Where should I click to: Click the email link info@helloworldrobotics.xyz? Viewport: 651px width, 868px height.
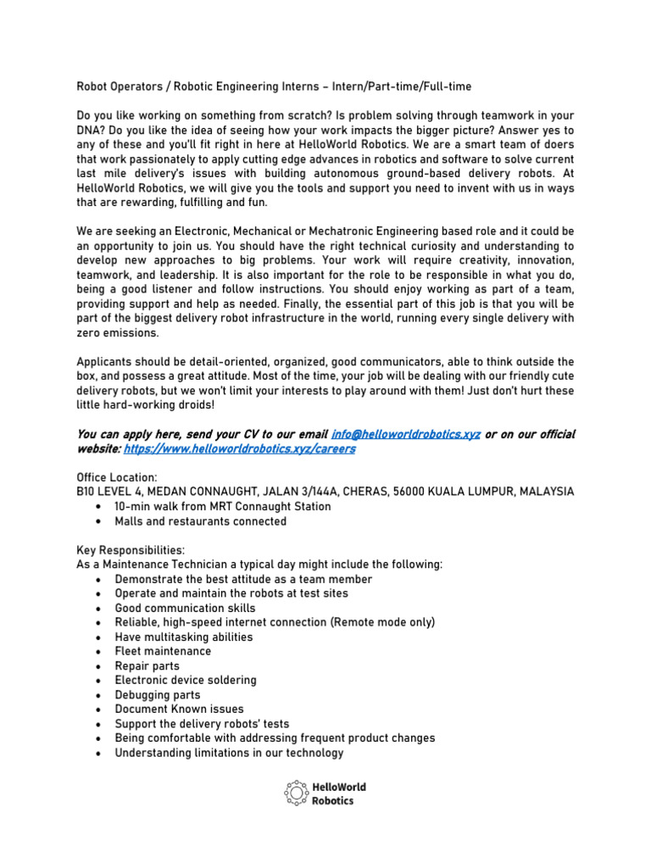point(406,434)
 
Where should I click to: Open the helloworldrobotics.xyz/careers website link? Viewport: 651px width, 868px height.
point(240,448)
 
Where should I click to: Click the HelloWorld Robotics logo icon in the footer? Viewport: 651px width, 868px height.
point(295,793)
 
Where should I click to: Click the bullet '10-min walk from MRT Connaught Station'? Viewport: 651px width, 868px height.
point(223,506)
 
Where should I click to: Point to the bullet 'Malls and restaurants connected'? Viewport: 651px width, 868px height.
point(200,521)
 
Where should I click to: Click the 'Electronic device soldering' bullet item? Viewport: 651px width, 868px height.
point(185,680)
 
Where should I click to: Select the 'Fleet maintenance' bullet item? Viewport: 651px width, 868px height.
point(163,651)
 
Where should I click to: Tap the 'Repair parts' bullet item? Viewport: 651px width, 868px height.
point(147,665)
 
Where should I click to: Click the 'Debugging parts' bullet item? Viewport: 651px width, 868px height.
point(158,694)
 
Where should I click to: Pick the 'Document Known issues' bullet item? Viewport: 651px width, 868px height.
point(179,709)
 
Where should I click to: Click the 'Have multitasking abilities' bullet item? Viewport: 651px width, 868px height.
point(183,637)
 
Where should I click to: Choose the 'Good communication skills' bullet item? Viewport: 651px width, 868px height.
point(185,608)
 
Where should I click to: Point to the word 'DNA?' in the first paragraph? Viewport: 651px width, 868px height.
point(93,131)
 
